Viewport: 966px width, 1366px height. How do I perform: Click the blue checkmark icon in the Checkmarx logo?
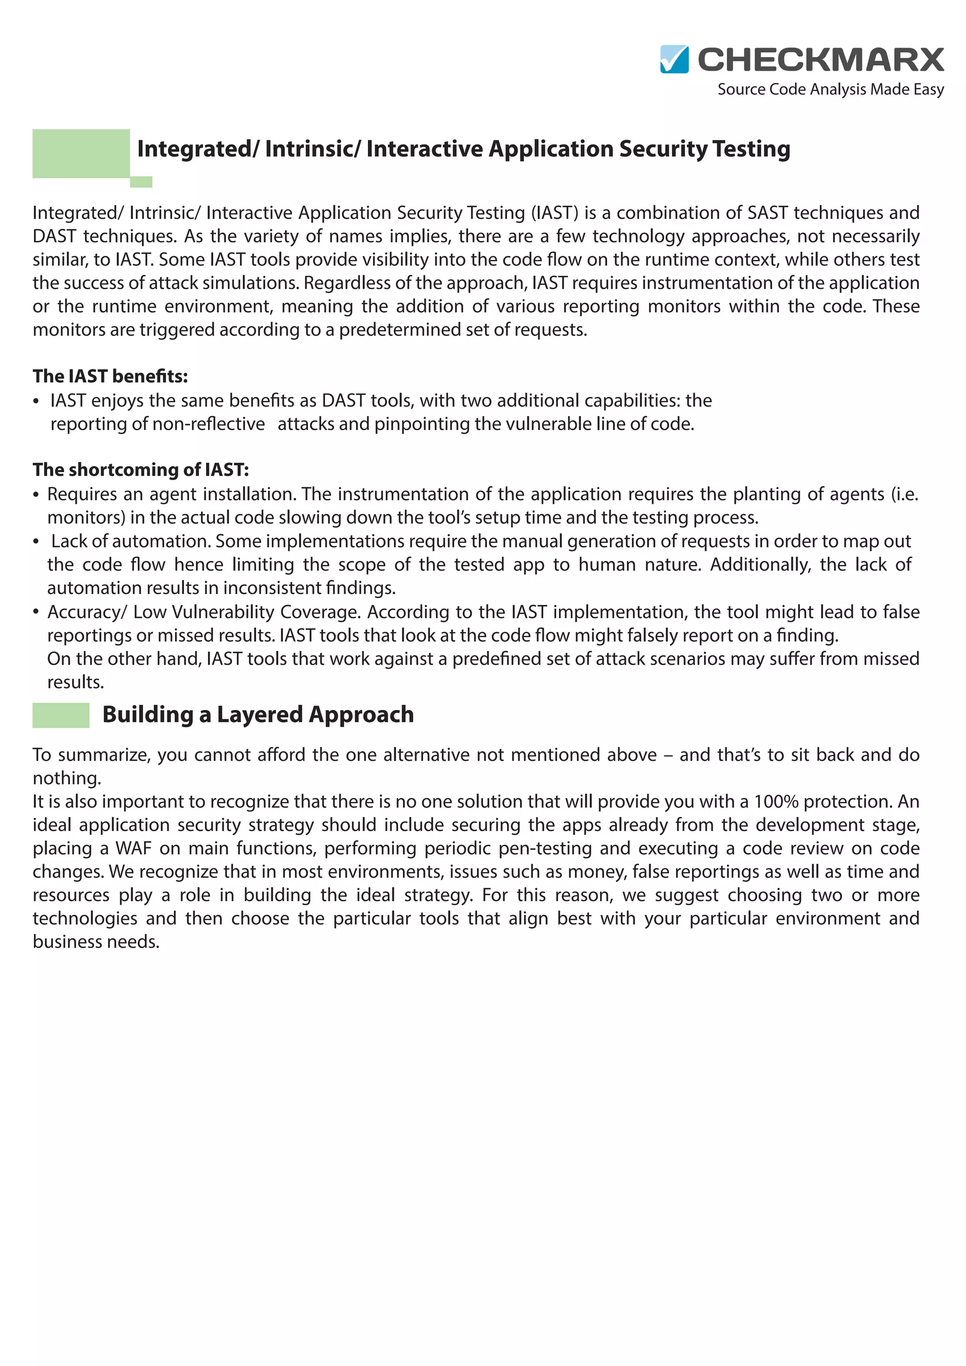coord(674,59)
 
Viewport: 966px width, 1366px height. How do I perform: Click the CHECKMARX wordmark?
coord(820,59)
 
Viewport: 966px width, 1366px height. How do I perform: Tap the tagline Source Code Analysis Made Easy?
coord(830,89)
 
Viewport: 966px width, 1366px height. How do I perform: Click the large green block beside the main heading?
coord(81,153)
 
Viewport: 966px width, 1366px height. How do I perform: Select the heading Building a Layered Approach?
coord(258,714)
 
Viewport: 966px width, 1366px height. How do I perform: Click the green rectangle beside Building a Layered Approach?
coord(61,715)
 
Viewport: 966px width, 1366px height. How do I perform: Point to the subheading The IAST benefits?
coord(110,376)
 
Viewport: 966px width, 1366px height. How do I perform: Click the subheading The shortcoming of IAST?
coord(141,469)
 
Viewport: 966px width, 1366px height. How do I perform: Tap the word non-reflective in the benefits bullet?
coord(208,424)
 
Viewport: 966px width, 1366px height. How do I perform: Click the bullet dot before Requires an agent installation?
coord(36,494)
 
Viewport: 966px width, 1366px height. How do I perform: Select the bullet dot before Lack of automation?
coord(36,541)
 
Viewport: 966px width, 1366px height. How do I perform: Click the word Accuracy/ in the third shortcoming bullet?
coord(87,612)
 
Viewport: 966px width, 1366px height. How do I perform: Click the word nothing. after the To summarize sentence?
coord(67,778)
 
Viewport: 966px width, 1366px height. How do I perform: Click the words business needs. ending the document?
coord(96,942)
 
